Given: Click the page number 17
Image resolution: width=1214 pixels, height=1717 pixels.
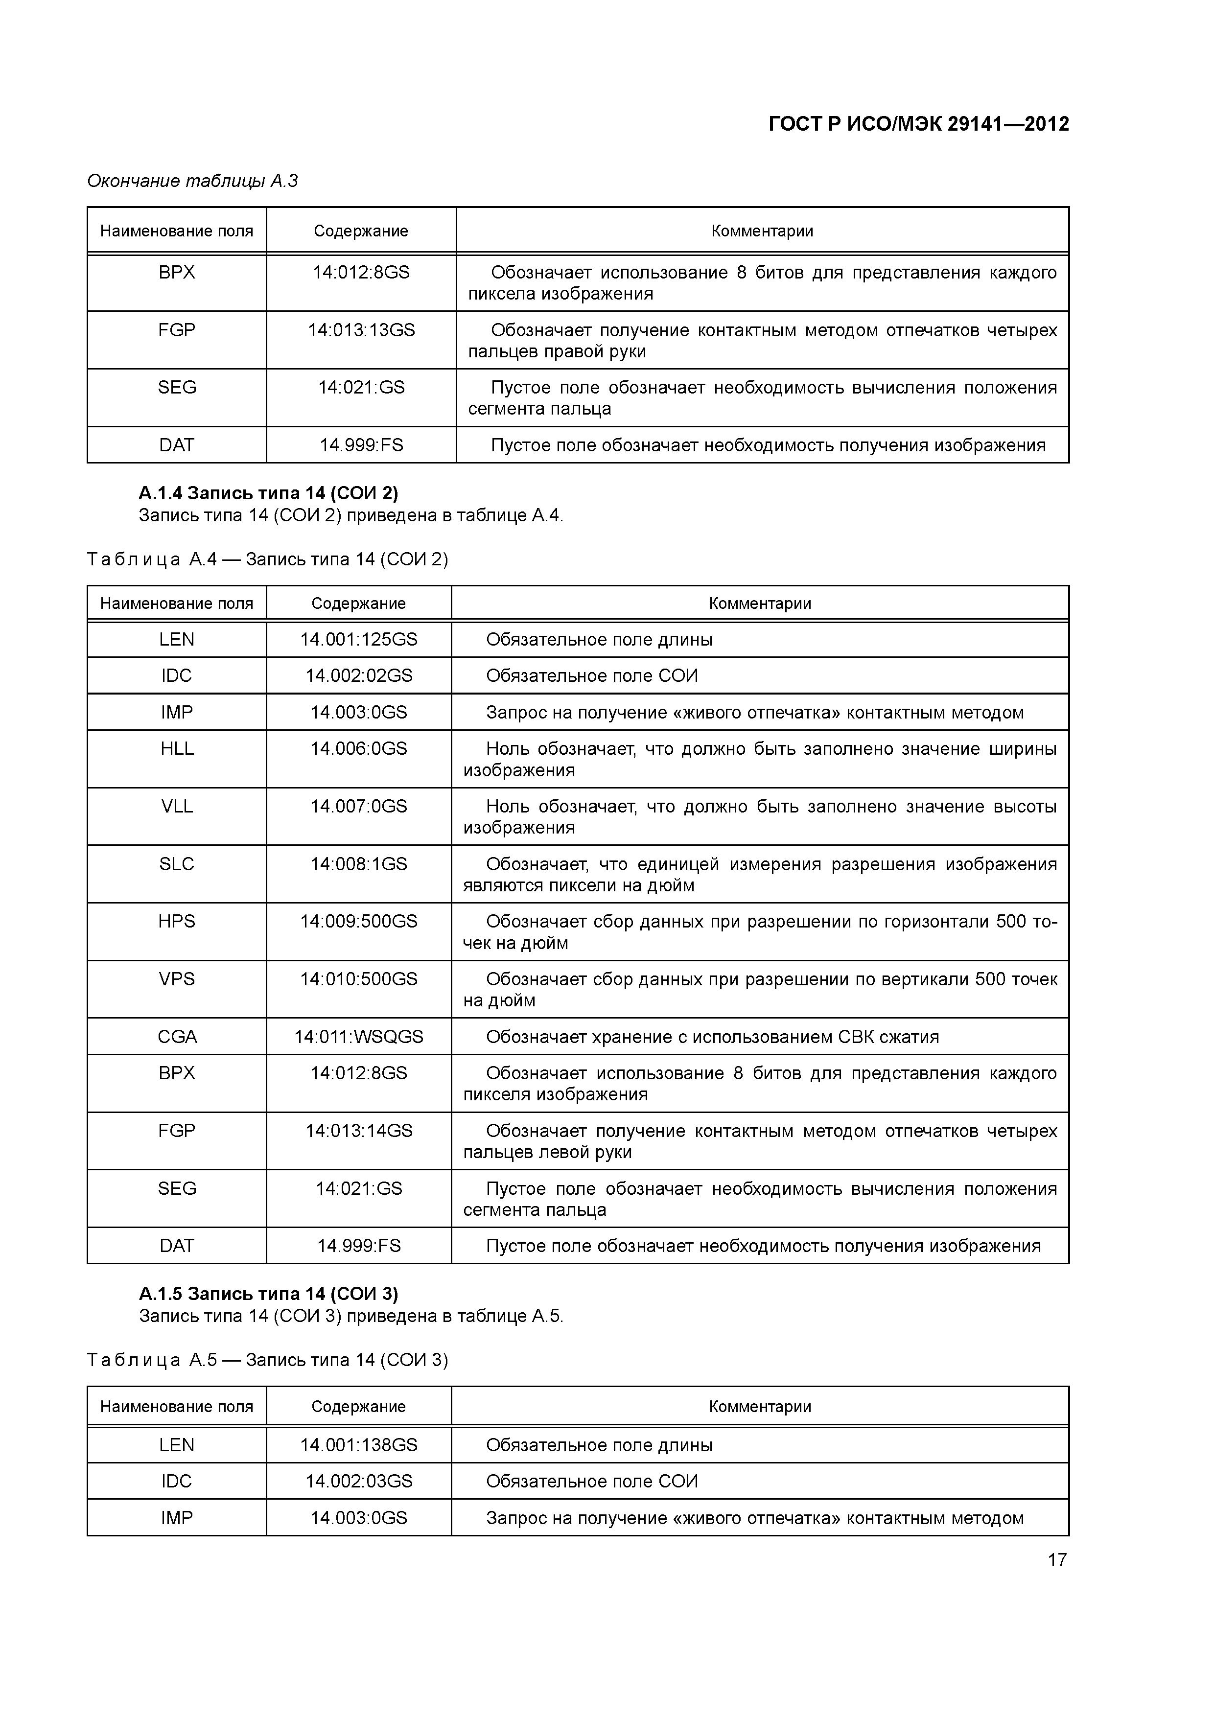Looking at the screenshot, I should [x=1056, y=1559].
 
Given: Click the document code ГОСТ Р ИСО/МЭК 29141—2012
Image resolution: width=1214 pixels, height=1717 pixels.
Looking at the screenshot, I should [x=918, y=124].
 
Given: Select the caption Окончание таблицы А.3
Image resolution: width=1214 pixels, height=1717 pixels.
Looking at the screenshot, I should [x=192, y=181].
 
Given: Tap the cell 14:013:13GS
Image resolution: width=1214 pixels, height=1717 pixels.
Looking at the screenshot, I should [x=361, y=330].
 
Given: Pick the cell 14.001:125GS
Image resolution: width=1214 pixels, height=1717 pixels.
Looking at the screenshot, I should [x=358, y=639].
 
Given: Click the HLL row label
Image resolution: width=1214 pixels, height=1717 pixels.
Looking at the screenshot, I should [x=177, y=748].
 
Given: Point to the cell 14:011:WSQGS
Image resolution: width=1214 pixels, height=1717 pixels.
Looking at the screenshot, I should [x=358, y=1037].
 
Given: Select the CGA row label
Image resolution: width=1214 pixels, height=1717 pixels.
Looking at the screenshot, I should [x=177, y=1037].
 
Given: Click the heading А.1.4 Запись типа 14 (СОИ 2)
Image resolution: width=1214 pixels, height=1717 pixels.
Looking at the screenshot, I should [x=268, y=493].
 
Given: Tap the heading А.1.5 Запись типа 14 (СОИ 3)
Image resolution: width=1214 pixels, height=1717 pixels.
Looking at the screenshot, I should [x=268, y=1294].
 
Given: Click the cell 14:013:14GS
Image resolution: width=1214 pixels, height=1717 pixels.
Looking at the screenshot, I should [x=358, y=1131].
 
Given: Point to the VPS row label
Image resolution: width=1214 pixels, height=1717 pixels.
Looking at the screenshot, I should [x=177, y=979].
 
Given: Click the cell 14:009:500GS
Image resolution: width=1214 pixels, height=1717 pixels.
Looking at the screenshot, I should [x=358, y=921].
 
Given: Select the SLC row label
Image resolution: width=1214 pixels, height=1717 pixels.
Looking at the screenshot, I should [x=177, y=864].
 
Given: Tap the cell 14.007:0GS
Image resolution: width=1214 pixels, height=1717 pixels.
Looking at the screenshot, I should [x=358, y=806].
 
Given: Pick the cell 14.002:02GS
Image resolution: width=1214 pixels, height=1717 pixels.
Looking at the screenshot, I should [x=358, y=675].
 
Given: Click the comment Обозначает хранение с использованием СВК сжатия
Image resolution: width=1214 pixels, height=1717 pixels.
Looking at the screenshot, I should [x=712, y=1037].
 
